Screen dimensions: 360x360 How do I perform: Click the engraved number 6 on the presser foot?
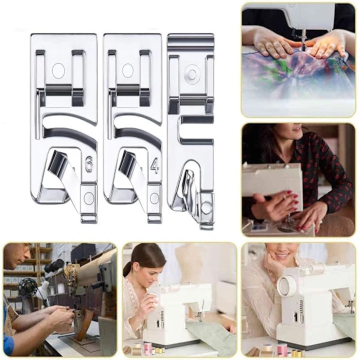(x=89, y=164)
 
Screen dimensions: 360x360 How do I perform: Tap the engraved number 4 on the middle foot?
(x=154, y=166)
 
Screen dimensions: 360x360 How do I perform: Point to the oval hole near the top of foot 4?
(x=127, y=70)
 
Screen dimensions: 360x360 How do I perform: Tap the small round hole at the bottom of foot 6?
(x=88, y=197)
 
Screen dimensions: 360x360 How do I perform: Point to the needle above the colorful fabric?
(x=303, y=42)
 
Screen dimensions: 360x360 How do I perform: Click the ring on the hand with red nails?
(x=284, y=196)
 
